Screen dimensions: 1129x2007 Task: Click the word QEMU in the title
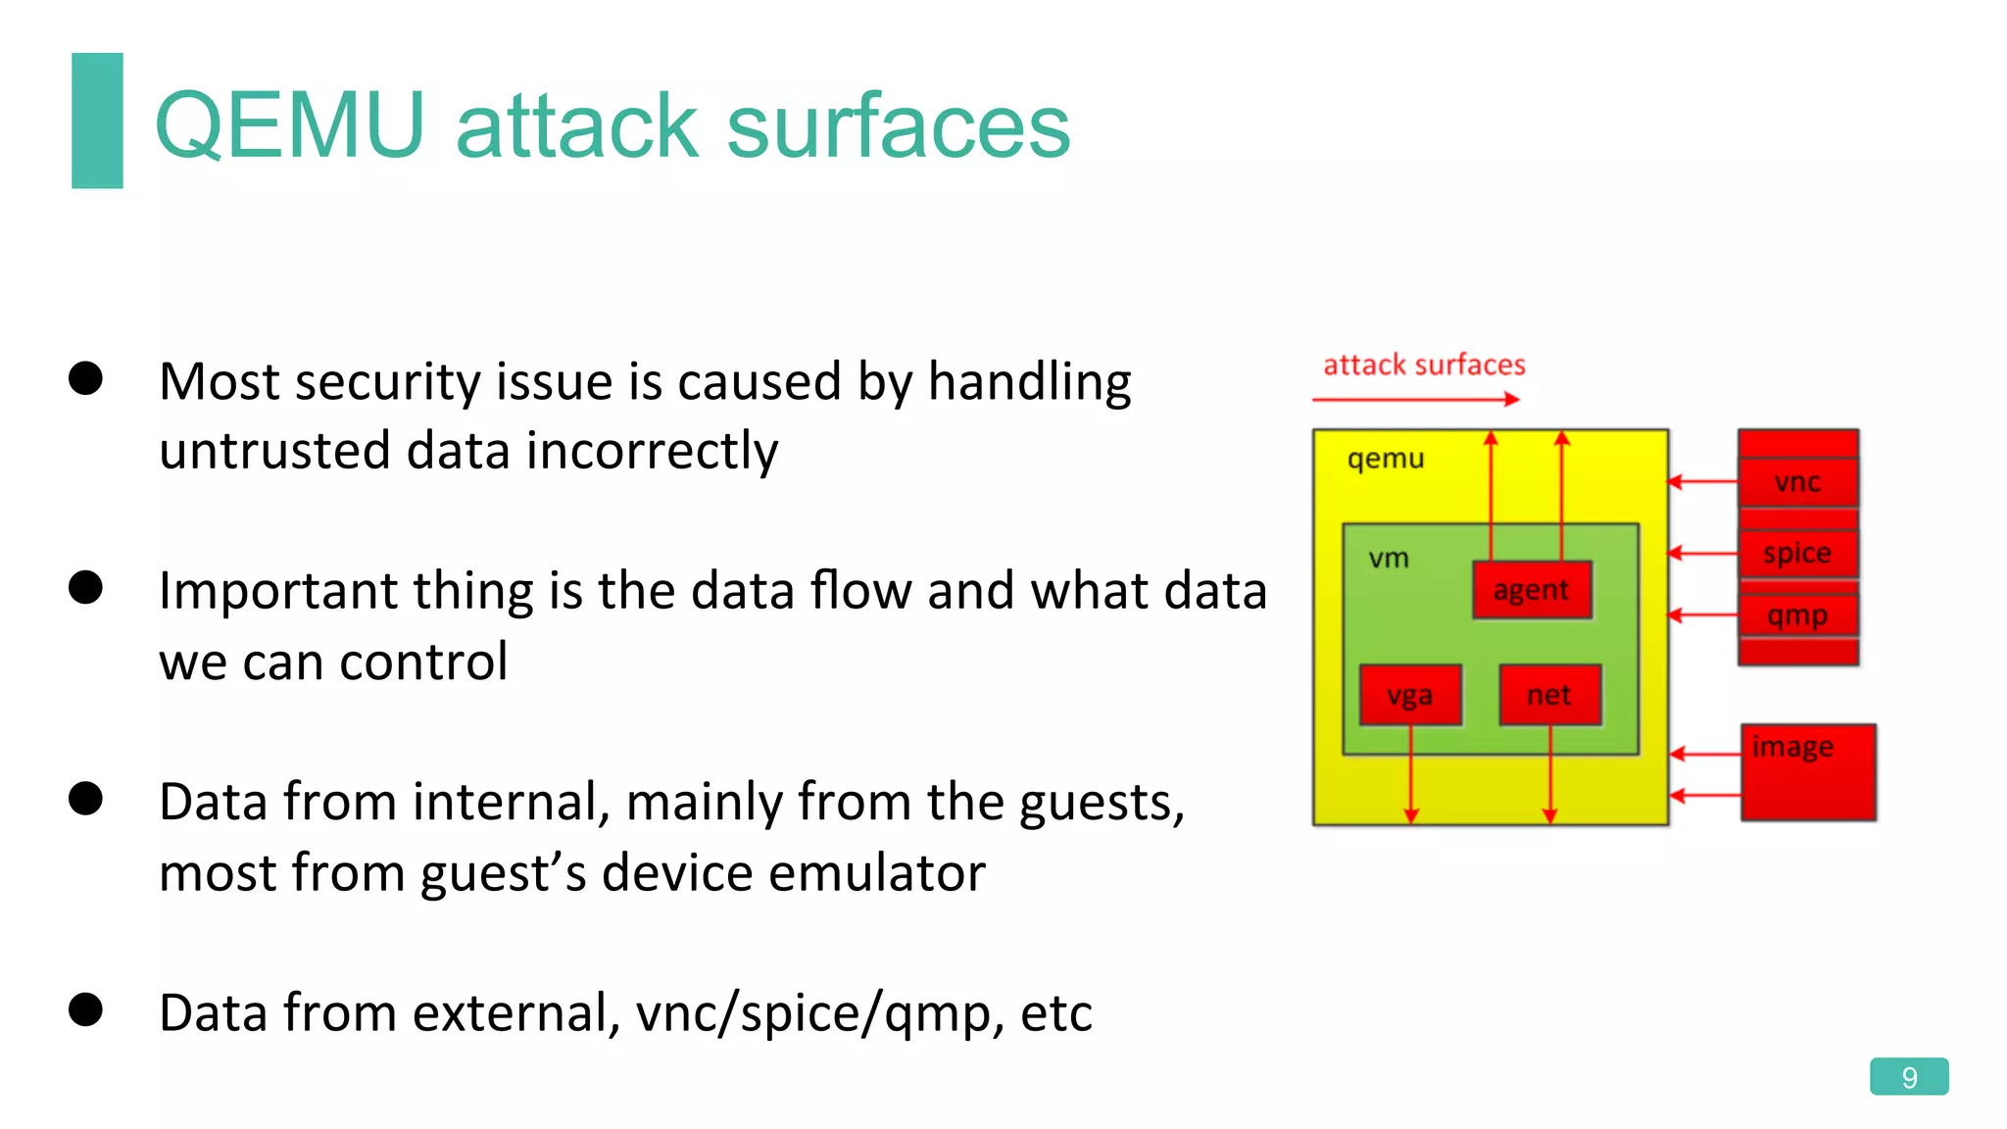(x=290, y=125)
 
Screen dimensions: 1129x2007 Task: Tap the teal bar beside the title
(x=97, y=120)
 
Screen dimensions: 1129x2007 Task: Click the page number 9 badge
(x=1908, y=1077)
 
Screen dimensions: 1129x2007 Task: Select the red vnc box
(x=1797, y=482)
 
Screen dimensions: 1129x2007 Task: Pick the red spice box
(x=1797, y=553)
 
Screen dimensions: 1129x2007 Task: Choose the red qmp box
(x=1797, y=616)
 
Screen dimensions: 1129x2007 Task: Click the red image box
(x=1808, y=773)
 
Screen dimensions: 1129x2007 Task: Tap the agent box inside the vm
(x=1531, y=590)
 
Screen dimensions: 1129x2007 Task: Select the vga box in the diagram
(x=1410, y=696)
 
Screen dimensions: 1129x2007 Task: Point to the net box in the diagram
(x=1549, y=696)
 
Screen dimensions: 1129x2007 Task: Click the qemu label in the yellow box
(x=1386, y=459)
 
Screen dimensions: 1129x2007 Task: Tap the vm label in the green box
(x=1389, y=559)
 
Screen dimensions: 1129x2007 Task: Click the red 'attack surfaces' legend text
(x=1424, y=366)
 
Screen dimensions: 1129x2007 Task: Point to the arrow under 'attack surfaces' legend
(x=1415, y=399)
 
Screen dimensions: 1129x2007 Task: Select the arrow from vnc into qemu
(x=1703, y=481)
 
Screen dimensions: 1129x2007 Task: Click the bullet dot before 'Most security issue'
(x=86, y=378)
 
